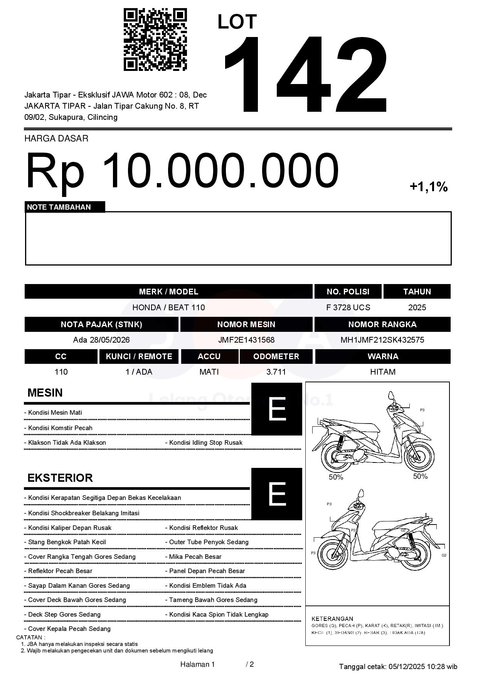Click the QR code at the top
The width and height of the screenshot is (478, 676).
point(155,40)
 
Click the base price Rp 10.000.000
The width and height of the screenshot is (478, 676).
point(182,170)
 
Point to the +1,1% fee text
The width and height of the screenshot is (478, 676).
point(428,187)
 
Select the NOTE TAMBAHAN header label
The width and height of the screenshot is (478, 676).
point(59,207)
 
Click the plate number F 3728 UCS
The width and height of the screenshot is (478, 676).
point(348,308)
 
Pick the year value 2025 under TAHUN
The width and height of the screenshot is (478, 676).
point(417,308)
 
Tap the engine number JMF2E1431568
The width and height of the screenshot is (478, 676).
point(246,340)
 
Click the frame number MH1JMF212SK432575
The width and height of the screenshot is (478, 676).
point(382,340)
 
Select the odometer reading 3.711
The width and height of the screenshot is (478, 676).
point(276,372)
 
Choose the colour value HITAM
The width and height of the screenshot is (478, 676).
point(382,372)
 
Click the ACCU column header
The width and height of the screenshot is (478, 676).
point(209,356)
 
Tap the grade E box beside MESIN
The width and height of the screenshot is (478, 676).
point(276,409)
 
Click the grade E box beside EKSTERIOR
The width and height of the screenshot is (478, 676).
point(276,494)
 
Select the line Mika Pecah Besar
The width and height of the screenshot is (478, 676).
point(195,557)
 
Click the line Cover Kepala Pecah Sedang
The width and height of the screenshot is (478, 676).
point(69,629)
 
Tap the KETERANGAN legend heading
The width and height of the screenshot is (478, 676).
point(332,619)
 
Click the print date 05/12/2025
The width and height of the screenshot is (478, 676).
point(406,666)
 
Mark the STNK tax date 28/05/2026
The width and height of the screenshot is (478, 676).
point(110,340)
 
